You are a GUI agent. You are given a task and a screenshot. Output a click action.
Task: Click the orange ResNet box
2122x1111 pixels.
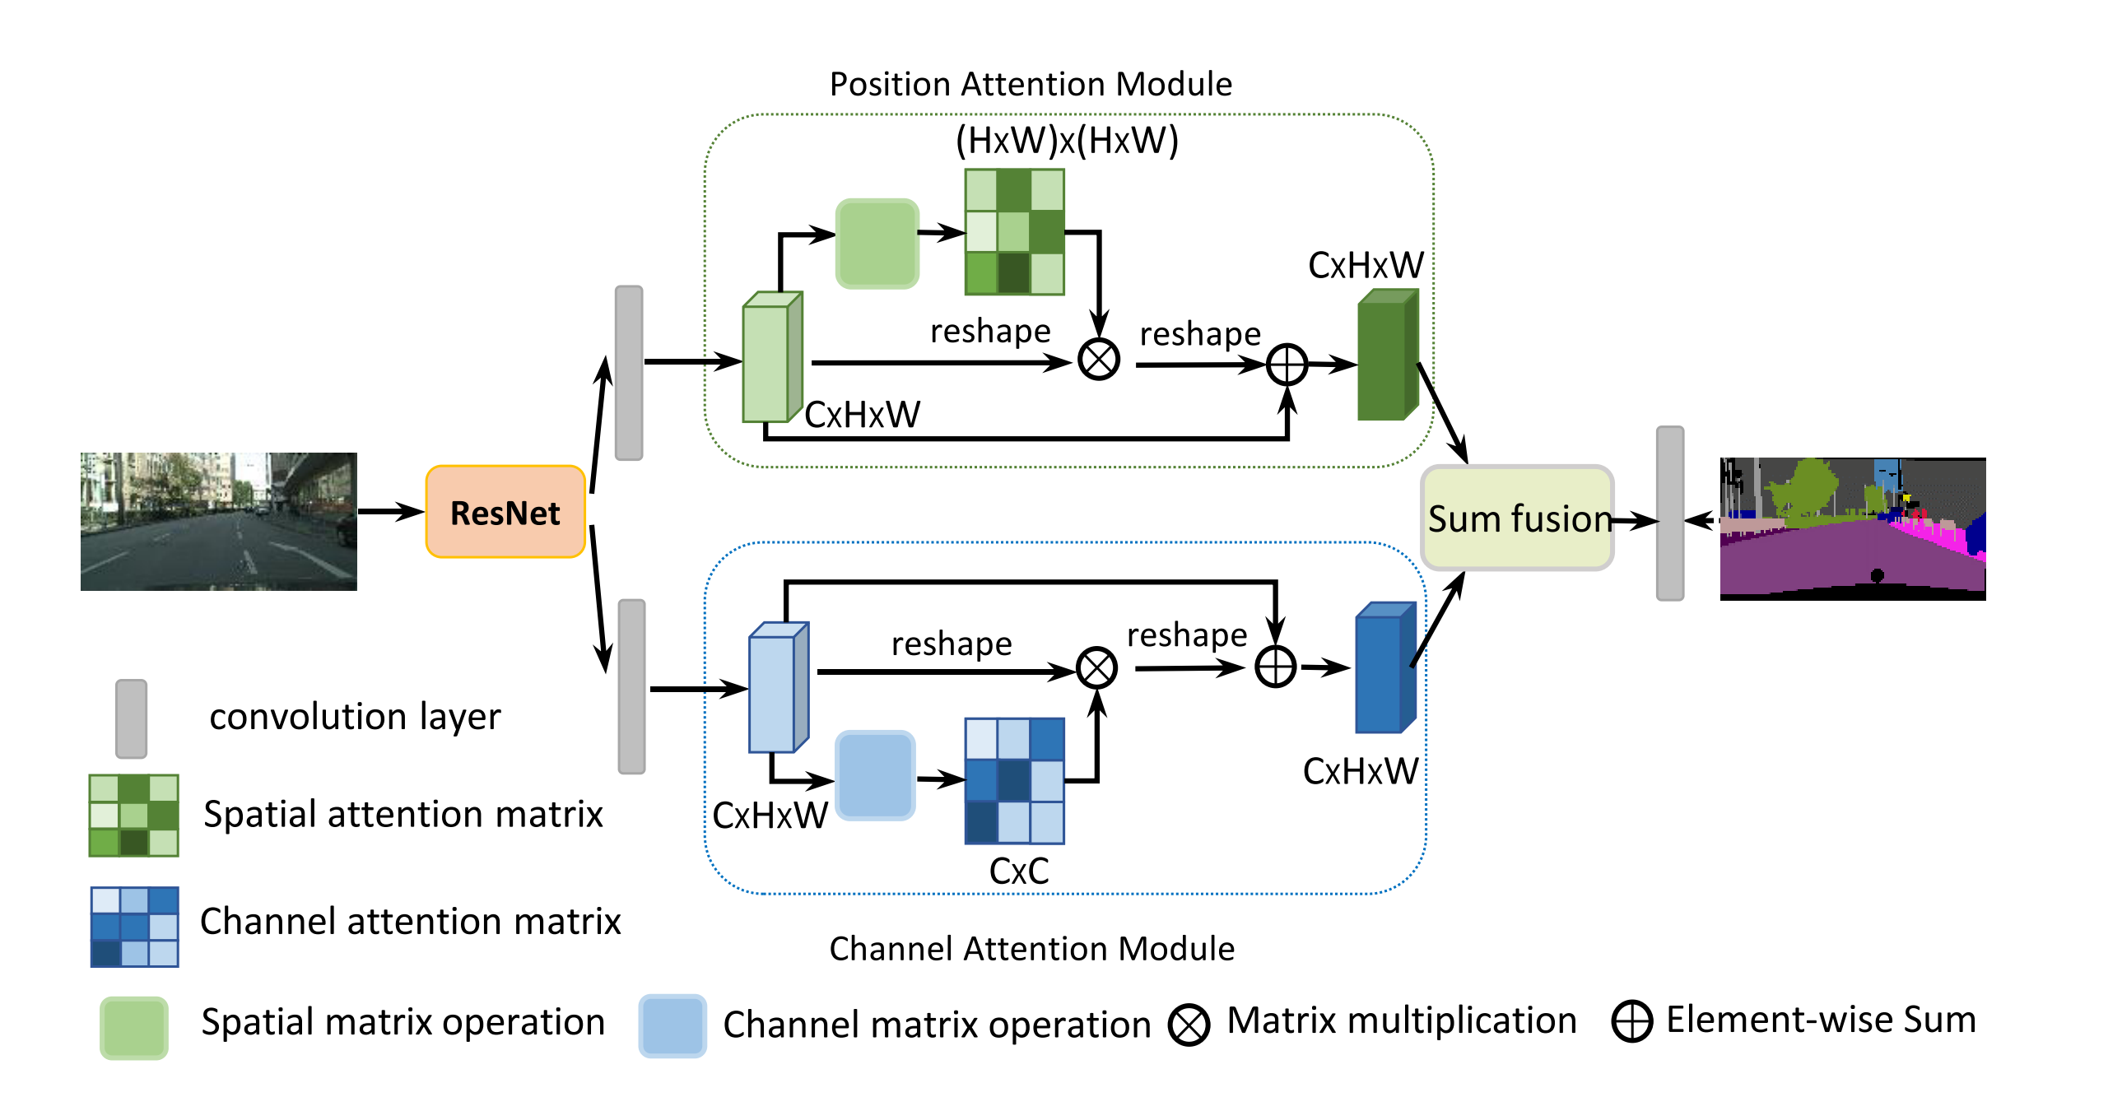pyautogui.click(x=505, y=512)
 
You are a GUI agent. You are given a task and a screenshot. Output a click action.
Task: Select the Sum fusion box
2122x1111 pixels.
pyautogui.click(x=1517, y=518)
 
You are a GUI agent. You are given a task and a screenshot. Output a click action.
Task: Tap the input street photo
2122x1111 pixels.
pyautogui.click(x=218, y=520)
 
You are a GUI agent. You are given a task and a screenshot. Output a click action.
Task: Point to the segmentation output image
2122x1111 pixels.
pyautogui.click(x=1852, y=528)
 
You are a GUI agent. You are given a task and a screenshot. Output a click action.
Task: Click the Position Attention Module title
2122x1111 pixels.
pyautogui.click(x=1030, y=84)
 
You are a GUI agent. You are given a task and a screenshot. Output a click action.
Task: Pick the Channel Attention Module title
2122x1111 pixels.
pyautogui.click(x=1031, y=949)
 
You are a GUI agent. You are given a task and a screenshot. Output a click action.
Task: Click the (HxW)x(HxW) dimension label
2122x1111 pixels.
pyautogui.click(x=1067, y=141)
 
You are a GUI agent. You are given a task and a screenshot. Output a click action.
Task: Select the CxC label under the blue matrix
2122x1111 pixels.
pyautogui.click(x=1018, y=872)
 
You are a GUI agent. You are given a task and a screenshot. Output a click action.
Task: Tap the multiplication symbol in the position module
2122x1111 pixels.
pyautogui.click(x=1098, y=360)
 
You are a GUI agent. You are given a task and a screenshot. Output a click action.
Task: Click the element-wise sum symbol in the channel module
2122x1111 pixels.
pyautogui.click(x=1275, y=667)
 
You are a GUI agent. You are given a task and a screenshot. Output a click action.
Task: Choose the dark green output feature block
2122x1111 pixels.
pyautogui.click(x=1387, y=355)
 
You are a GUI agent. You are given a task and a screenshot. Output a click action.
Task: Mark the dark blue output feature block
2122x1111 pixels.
pyautogui.click(x=1384, y=668)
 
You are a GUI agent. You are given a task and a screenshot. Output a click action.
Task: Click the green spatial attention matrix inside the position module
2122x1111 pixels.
pyautogui.click(x=1014, y=232)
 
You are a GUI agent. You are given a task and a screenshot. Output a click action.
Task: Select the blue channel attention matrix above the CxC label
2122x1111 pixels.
pyautogui.click(x=1014, y=781)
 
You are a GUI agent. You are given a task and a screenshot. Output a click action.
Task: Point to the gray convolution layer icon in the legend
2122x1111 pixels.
pyautogui.click(x=131, y=718)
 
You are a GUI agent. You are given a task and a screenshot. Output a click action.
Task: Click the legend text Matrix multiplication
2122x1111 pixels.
pyautogui.click(x=1401, y=1020)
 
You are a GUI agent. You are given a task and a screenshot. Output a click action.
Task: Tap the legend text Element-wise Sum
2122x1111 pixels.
pyautogui.click(x=1821, y=1020)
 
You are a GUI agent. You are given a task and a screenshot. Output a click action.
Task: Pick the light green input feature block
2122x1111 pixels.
pyautogui.click(x=772, y=357)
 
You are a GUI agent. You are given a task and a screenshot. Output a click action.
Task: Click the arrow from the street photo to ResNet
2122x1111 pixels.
pyautogui.click(x=390, y=512)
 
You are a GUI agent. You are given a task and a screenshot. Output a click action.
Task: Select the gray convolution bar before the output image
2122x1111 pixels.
pyautogui.click(x=1670, y=513)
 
